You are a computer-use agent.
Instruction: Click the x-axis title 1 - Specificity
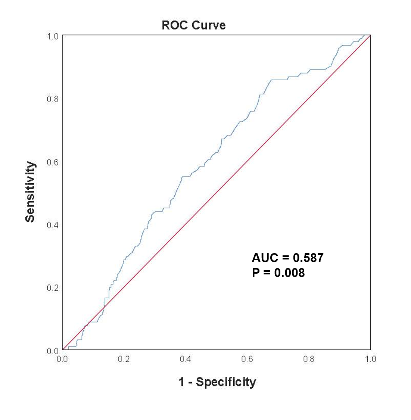pyautogui.click(x=217, y=382)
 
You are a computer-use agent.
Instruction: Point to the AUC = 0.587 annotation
pyautogui.click(x=287, y=258)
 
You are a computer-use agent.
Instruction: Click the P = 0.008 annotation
pyautogui.click(x=278, y=273)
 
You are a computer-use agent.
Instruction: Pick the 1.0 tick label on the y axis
pyautogui.click(x=53, y=36)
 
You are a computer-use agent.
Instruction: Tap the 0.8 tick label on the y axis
pyautogui.click(x=53, y=99)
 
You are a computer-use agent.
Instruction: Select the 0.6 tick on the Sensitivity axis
pyautogui.click(x=53, y=162)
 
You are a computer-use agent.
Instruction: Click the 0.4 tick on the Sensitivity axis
pyautogui.click(x=53, y=225)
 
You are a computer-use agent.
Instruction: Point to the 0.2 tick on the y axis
pyautogui.click(x=53, y=288)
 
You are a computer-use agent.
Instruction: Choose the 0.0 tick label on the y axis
pyautogui.click(x=53, y=351)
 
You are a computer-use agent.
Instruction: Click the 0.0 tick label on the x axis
pyautogui.click(x=62, y=359)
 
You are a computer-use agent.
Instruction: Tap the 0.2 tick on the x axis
pyautogui.click(x=124, y=359)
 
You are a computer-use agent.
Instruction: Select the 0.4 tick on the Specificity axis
pyautogui.click(x=186, y=359)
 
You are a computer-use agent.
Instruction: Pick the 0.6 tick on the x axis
pyautogui.click(x=247, y=359)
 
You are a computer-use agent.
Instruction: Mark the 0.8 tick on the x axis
pyautogui.click(x=309, y=359)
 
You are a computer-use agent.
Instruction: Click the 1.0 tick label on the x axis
pyautogui.click(x=370, y=359)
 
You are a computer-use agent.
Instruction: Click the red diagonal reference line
pyautogui.click(x=217, y=193)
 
